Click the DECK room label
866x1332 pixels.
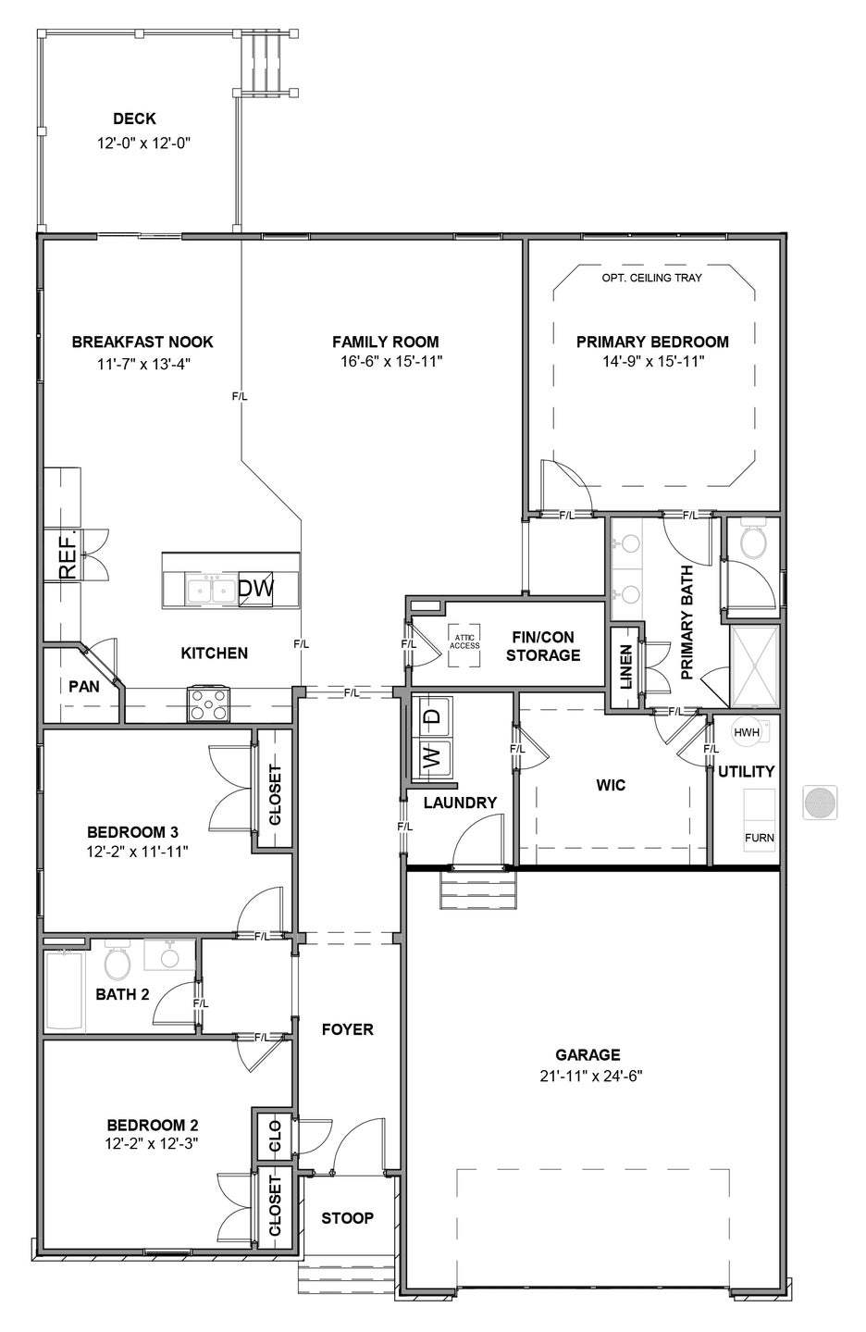click(x=134, y=118)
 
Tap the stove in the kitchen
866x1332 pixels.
click(x=208, y=703)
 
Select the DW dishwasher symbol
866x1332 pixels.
click(x=255, y=589)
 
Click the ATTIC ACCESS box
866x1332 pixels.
click(x=464, y=644)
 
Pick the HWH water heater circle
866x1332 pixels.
click(x=747, y=732)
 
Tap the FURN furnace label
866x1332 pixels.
click(x=759, y=838)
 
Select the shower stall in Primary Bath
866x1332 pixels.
click(x=754, y=666)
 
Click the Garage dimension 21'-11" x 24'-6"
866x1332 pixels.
click(x=591, y=1076)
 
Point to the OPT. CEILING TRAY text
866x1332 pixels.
click(x=651, y=278)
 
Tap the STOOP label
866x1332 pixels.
click(x=347, y=1218)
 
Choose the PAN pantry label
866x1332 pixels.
click(x=84, y=687)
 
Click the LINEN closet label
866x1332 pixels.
click(x=625, y=666)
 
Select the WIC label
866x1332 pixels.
click(x=611, y=785)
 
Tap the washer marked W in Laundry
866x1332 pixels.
click(x=435, y=758)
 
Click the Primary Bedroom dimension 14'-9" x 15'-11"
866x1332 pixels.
click(x=653, y=361)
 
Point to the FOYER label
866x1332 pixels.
click(x=348, y=1029)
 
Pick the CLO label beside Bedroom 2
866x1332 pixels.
click(x=275, y=1137)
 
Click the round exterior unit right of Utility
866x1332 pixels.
click(x=820, y=803)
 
